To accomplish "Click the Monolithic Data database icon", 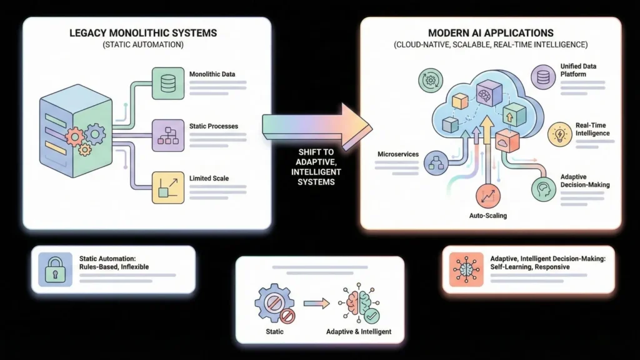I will pos(168,84).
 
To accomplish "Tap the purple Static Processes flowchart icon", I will pos(168,136).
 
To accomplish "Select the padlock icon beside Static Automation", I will pos(55,269).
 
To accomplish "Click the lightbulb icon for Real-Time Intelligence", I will pos(559,134).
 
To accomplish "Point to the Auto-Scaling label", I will pos(487,215).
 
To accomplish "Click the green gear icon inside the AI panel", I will pos(429,81).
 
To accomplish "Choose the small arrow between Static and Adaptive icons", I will pos(315,304).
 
